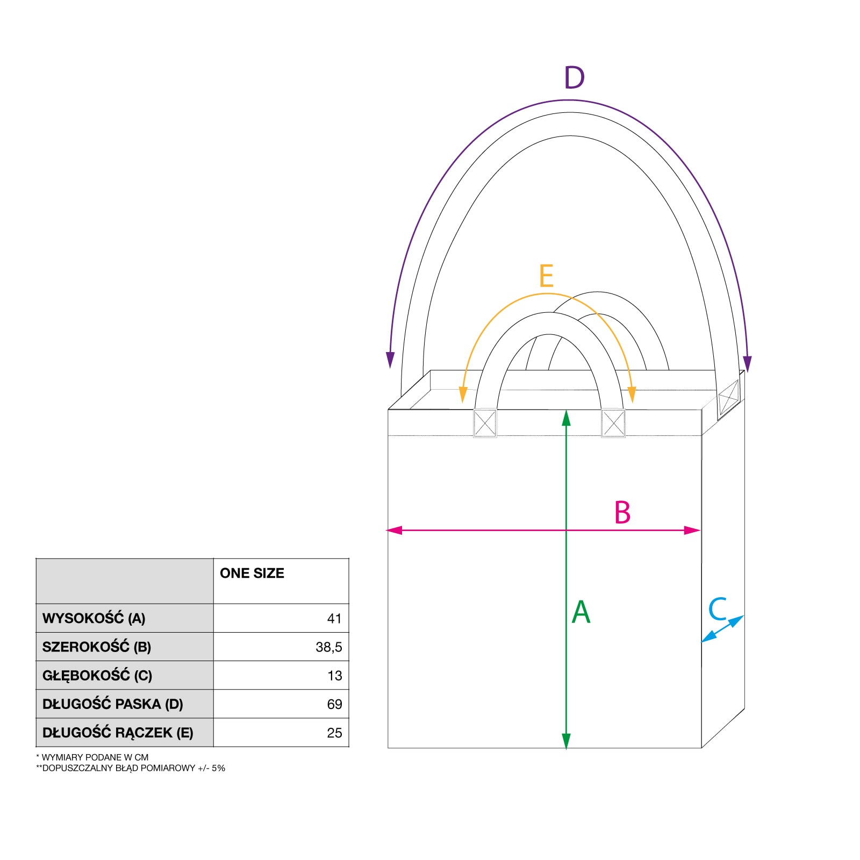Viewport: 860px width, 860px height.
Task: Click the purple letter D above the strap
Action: click(x=574, y=77)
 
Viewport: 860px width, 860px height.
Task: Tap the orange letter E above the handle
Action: click(x=546, y=276)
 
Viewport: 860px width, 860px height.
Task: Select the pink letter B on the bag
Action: click(x=622, y=512)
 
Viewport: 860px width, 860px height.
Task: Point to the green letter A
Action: click(x=581, y=612)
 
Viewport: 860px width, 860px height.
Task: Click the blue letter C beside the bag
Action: click(x=718, y=608)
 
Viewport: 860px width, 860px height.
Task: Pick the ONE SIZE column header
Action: click(x=252, y=573)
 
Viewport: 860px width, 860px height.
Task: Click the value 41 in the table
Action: click(x=334, y=619)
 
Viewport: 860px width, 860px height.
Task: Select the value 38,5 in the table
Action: click(x=329, y=647)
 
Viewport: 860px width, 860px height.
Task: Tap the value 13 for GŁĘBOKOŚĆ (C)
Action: click(x=335, y=676)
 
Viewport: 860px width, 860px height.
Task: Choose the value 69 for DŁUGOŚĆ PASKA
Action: click(x=334, y=704)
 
